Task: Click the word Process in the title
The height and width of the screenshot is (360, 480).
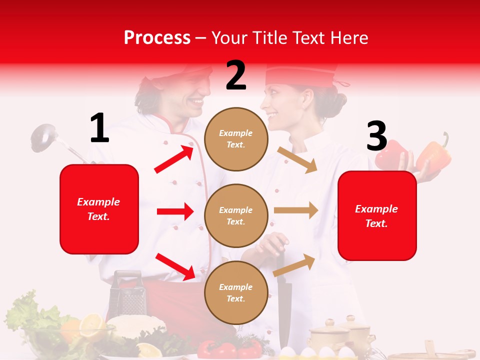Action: (157, 38)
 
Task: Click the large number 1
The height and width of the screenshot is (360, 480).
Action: (99, 128)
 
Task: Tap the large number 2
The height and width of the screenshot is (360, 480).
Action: (236, 75)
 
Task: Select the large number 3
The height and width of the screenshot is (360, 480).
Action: (376, 136)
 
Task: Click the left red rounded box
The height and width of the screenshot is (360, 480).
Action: (99, 209)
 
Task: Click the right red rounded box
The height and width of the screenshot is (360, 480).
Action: (377, 216)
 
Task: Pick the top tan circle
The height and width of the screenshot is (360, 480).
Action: (236, 139)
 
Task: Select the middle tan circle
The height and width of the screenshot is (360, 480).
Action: (236, 215)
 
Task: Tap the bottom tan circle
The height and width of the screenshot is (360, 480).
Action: (236, 292)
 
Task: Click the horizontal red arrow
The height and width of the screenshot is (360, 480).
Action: (175, 211)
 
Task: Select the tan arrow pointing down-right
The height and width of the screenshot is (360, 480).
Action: (297, 159)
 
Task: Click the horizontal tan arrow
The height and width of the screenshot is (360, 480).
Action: (296, 210)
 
